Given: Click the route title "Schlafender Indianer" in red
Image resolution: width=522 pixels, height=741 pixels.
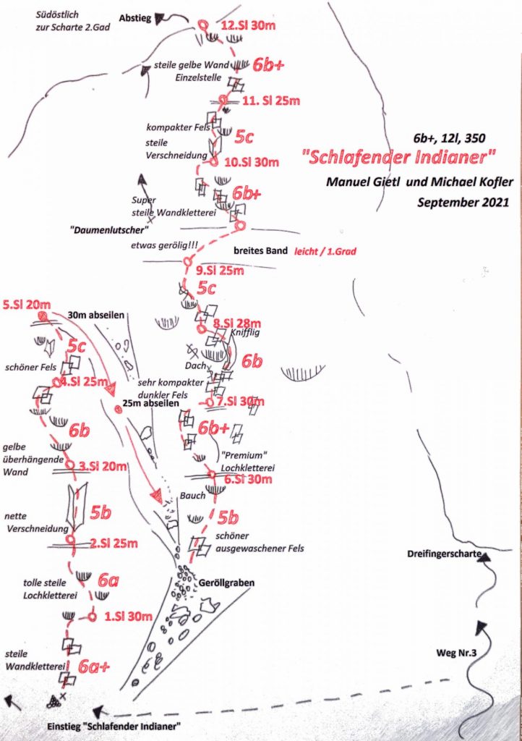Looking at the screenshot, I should [400, 156].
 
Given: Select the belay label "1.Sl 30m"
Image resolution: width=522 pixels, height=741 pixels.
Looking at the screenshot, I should [127, 617].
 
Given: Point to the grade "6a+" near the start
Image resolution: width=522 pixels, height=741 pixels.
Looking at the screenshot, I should [94, 666].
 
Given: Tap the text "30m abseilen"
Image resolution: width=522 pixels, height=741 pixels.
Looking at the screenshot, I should [97, 316].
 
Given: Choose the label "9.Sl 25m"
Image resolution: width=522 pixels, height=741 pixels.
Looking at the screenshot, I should [221, 271].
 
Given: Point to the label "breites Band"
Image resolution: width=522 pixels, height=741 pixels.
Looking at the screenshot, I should [261, 252].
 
